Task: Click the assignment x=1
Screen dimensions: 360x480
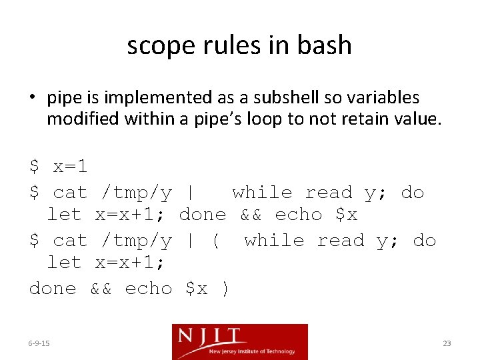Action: pos(70,166)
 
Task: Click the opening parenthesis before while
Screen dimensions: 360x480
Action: pos(215,241)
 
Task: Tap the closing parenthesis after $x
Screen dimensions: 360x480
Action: pos(225,289)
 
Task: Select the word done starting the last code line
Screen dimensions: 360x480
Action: pos(53,289)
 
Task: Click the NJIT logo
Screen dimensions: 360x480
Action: pos(240,341)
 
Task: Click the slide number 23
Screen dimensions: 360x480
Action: pos(447,343)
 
